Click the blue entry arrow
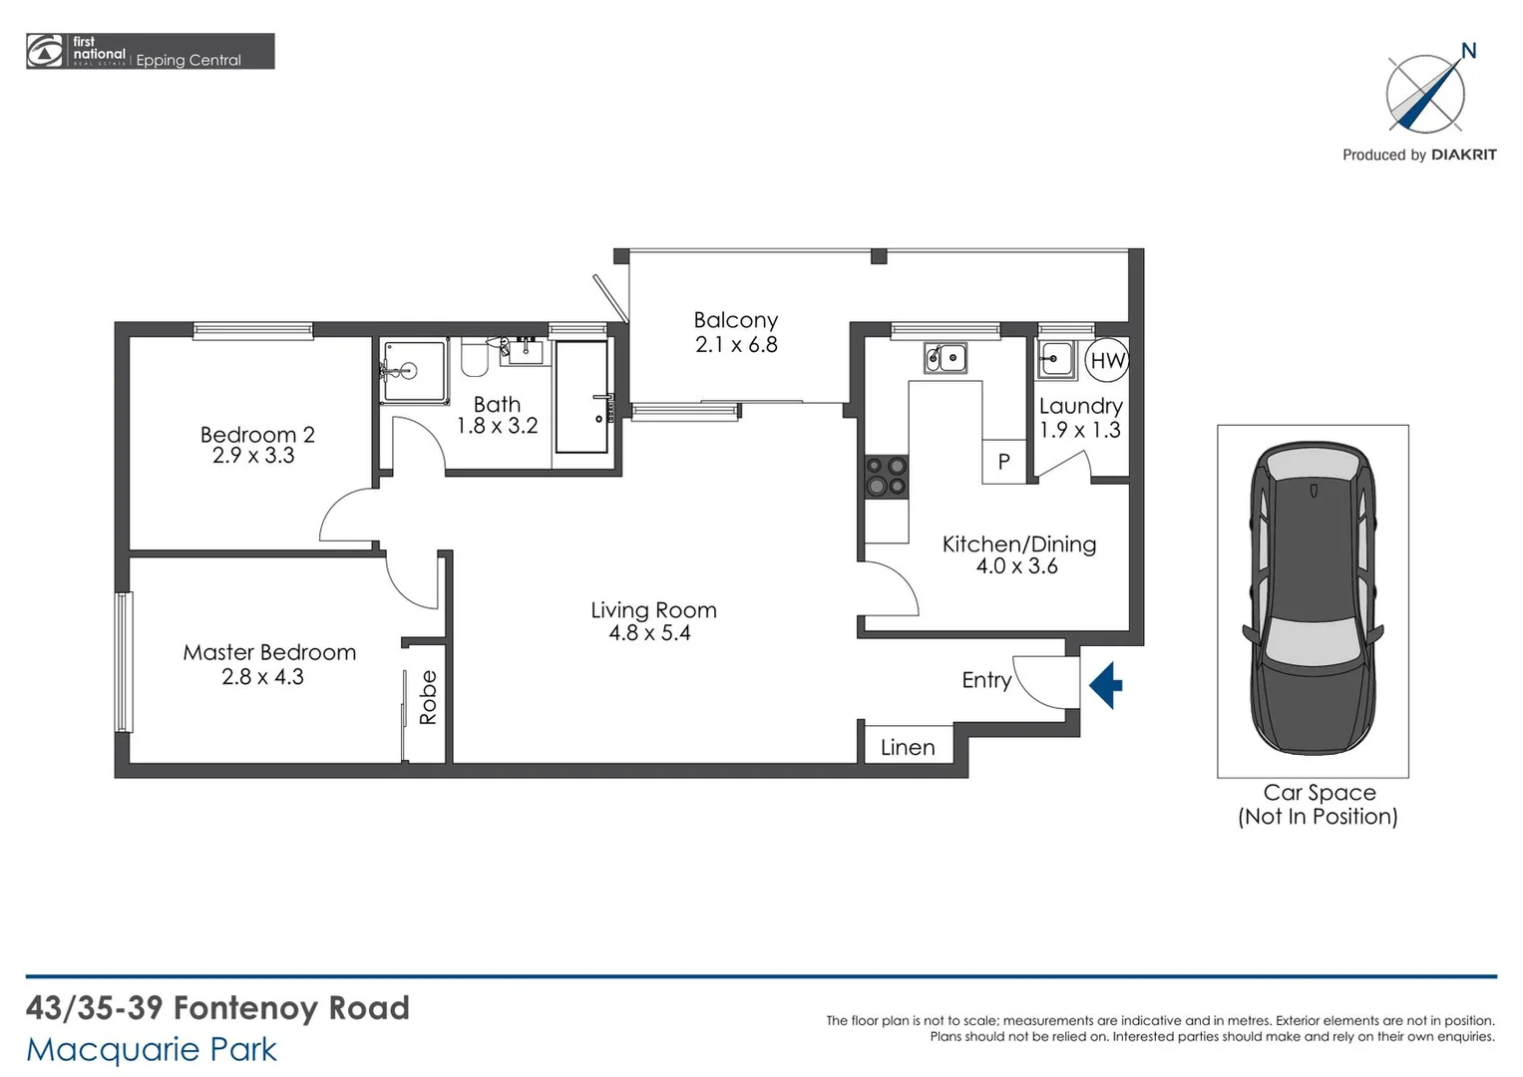pos(1105,685)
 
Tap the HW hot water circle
pos(1107,361)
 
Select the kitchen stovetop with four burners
pos(886,476)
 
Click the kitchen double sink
pos(945,357)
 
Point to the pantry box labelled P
pos(1004,462)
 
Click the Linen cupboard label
pos(908,747)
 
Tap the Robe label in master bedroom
pos(428,697)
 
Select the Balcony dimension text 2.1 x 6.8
pos(736,345)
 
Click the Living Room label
pos(653,610)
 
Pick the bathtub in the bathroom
pos(581,397)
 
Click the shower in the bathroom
pos(412,372)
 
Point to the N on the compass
pos(1468,51)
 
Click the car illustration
pos(1313,598)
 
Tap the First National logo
pos(45,51)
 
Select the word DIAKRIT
pos(1463,155)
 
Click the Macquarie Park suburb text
pos(152,1049)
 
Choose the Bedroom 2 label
pos(257,435)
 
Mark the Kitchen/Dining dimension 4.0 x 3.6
pos(1016,566)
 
